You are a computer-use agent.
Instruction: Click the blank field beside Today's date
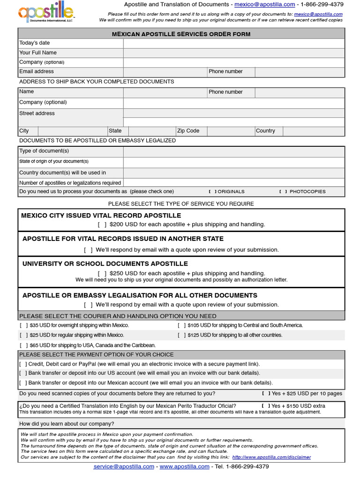click(234, 43)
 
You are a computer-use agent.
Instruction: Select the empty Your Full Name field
click(234, 53)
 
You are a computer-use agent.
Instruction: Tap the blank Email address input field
click(165, 72)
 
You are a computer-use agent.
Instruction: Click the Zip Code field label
click(188, 131)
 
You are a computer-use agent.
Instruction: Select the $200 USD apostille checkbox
click(102, 225)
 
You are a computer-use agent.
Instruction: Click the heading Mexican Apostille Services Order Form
click(181, 34)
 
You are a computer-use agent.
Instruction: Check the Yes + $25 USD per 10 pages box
click(266, 394)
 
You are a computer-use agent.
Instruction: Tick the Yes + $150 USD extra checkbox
click(266, 406)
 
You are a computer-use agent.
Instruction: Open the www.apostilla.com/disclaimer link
click(271, 457)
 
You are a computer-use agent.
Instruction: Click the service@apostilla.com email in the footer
click(124, 467)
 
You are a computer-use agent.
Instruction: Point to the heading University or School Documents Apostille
click(105, 264)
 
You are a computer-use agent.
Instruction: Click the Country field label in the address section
click(265, 131)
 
